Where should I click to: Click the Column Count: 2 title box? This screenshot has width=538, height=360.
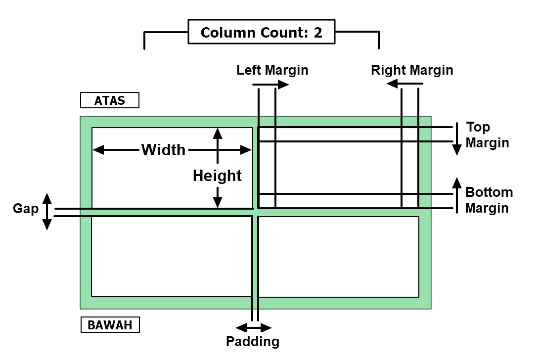pos(261,33)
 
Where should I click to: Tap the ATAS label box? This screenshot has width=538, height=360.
pos(110,100)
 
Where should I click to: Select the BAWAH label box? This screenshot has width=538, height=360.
pos(110,325)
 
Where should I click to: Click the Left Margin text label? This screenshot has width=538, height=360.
pos(272,70)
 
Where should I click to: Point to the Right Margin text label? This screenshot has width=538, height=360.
pos(412,70)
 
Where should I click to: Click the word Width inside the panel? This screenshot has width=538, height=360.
pos(163,150)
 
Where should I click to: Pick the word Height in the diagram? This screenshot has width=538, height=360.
pos(217,176)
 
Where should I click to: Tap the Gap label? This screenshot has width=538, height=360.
pos(26,209)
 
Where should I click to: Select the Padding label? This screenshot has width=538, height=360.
pos(253,341)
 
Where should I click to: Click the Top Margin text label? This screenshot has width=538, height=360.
pos(487,135)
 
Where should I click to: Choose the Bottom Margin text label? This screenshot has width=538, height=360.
pos(489,200)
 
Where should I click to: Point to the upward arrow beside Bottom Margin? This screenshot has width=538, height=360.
pos(457,195)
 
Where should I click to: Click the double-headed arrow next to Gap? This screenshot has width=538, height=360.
pos(46,212)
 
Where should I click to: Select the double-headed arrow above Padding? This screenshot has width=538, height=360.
pos(254,327)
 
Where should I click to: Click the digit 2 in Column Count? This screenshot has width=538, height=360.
pos(317,33)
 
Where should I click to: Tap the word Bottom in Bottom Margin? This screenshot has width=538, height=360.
pos(489,192)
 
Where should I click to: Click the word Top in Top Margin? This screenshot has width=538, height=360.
pos(478,128)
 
